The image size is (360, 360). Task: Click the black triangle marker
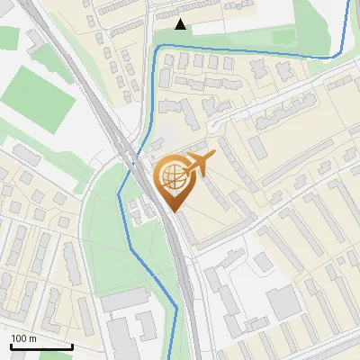181,24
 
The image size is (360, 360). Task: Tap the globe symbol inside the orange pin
171,176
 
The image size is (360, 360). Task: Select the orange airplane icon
198,164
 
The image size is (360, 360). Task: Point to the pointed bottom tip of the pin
171,212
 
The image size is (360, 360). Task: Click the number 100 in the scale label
19,338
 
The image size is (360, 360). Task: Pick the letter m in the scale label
32,338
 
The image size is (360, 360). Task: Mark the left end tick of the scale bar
11,346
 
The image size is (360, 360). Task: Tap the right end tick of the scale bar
72,346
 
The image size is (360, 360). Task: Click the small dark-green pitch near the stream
283,37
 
